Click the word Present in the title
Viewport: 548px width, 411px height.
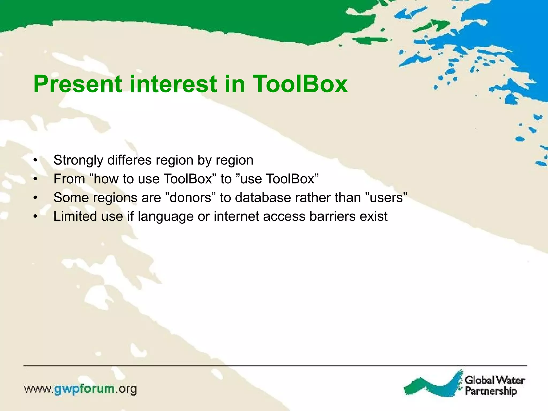coord(78,84)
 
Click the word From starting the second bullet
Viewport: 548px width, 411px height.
coord(69,179)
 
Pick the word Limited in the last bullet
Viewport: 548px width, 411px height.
coord(75,216)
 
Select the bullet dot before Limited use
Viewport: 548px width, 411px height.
coord(35,217)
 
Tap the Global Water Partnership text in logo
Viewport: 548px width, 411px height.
coord(494,386)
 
